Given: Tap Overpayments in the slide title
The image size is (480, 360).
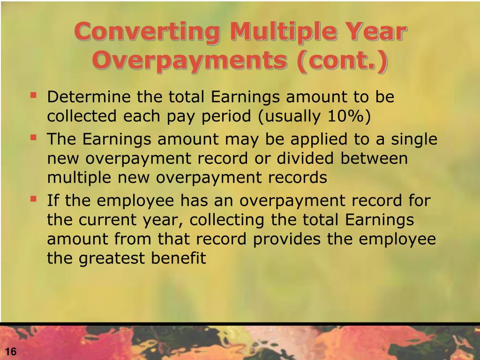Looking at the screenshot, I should click(x=188, y=61).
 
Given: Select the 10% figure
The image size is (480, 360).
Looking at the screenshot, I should click(x=346, y=117).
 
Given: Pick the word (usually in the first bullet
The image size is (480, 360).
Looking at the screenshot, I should click(x=285, y=117).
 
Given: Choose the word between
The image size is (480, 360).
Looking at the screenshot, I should click(x=375, y=158).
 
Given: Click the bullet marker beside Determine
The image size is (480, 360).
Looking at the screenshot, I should click(x=33, y=96).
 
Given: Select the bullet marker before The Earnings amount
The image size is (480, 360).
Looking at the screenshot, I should click(x=33, y=137).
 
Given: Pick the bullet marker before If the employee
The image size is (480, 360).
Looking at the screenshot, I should click(x=33, y=199).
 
